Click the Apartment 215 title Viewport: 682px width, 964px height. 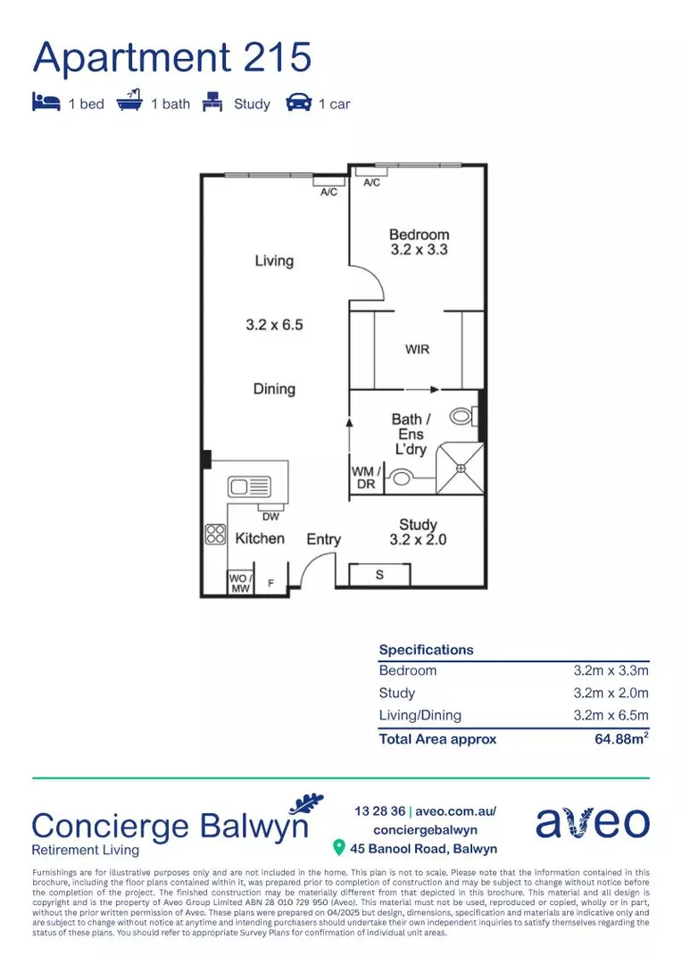(x=172, y=57)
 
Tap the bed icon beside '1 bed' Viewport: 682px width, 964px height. (x=46, y=102)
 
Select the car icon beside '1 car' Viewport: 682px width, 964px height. (x=299, y=103)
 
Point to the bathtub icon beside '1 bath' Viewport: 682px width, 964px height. (x=129, y=101)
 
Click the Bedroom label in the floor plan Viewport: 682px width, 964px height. (x=419, y=234)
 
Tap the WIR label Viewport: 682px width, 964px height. (x=417, y=349)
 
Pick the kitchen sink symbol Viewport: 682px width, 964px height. (x=249, y=487)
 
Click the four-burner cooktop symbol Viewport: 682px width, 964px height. (x=215, y=535)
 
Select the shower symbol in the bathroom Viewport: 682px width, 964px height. (x=460, y=470)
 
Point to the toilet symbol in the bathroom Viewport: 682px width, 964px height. (x=463, y=416)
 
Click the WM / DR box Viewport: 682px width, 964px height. (x=366, y=478)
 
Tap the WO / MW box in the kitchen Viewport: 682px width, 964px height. (x=240, y=582)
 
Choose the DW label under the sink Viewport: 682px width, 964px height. (x=270, y=517)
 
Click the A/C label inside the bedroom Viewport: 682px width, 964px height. (x=371, y=183)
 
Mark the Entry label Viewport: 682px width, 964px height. (x=323, y=540)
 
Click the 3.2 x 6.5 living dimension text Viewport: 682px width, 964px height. (x=274, y=325)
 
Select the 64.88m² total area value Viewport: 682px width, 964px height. (x=621, y=738)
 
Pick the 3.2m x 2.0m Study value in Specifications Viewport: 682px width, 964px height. (x=611, y=693)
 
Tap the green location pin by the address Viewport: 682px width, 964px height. (x=338, y=848)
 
